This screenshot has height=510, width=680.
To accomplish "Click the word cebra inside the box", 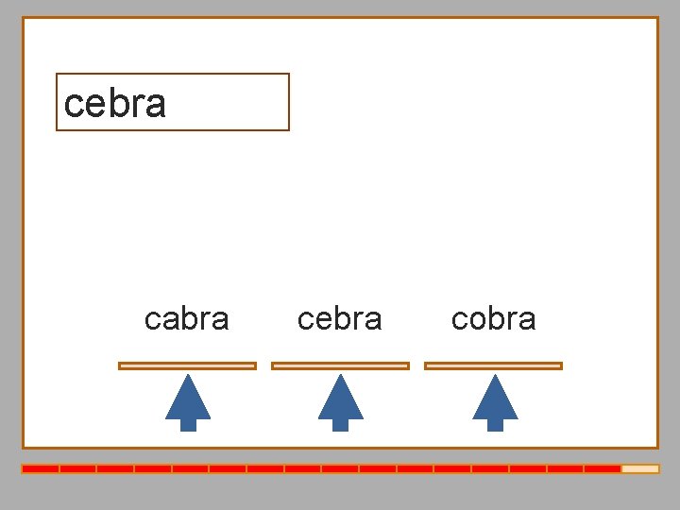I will [x=115, y=103].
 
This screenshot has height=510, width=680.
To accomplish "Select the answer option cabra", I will [x=187, y=319].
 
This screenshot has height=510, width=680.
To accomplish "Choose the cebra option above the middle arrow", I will [x=340, y=319].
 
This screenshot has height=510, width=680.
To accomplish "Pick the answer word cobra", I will [x=494, y=319].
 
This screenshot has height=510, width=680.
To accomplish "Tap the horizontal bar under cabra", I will [x=187, y=365].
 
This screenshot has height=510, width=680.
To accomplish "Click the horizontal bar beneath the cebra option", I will [x=340, y=365].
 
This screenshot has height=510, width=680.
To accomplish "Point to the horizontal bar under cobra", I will [x=494, y=365].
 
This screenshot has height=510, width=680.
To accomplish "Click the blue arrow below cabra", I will [x=188, y=401].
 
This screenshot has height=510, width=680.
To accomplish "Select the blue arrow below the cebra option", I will [x=341, y=401].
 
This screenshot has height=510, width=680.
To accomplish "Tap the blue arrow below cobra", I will [x=495, y=401].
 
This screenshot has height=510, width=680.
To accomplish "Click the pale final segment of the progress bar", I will [x=639, y=468].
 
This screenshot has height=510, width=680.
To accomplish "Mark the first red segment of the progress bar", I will [x=41, y=468].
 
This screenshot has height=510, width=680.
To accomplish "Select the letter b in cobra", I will [x=496, y=318].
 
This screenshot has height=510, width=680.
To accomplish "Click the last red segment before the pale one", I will [x=602, y=468].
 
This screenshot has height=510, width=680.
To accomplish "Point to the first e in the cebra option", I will [x=323, y=320].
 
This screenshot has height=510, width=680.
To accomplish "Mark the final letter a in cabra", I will [x=220, y=320].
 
